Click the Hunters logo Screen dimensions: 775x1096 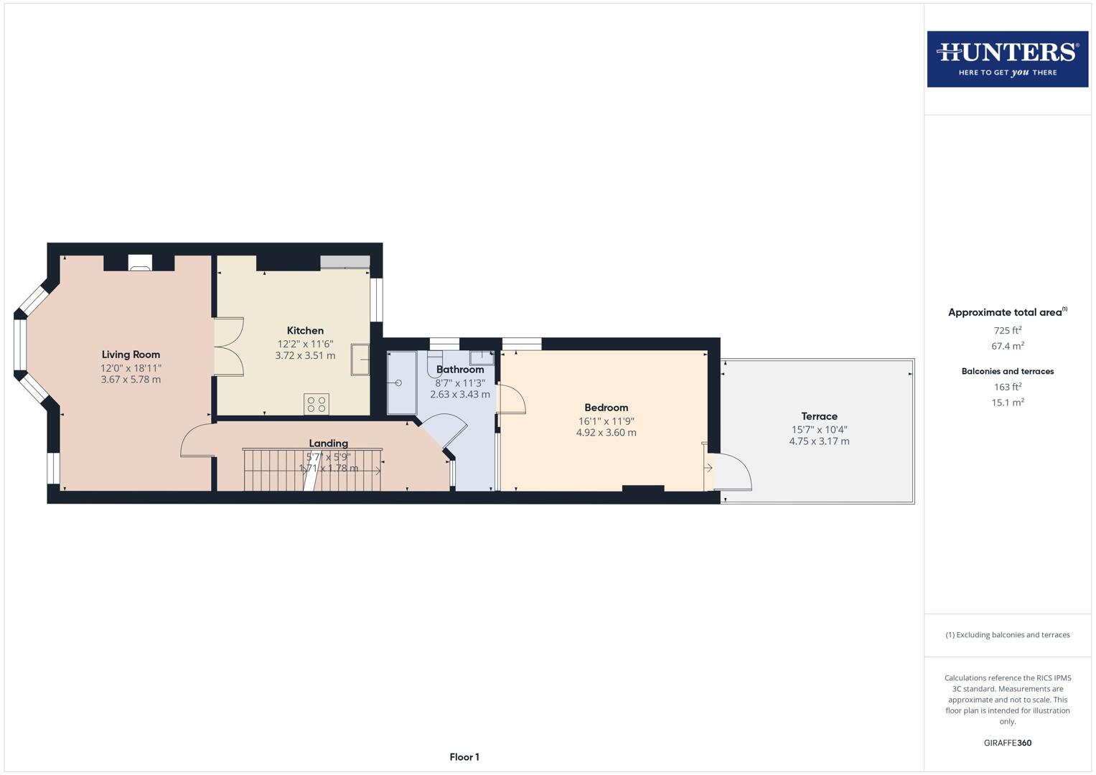click(1007, 59)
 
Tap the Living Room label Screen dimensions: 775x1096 click(131, 354)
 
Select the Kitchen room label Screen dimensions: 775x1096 click(305, 331)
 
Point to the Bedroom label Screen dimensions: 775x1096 click(606, 408)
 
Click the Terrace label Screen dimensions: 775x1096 click(819, 416)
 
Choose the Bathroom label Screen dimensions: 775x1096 click(460, 370)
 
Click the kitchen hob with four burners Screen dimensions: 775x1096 click(317, 404)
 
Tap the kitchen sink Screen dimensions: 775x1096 click(360, 360)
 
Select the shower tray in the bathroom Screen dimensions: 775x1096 click(401, 382)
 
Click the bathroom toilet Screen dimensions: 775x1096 click(434, 359)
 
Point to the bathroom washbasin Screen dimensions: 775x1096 click(482, 357)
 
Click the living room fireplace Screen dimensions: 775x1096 click(140, 263)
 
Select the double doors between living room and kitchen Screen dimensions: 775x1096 click(229, 347)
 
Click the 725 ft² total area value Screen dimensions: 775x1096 click(1007, 331)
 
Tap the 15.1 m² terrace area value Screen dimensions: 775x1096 click(1007, 403)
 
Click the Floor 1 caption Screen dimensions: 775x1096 click(464, 757)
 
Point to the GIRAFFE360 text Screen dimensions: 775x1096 click(1007, 743)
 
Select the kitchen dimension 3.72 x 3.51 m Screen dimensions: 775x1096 click(305, 355)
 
